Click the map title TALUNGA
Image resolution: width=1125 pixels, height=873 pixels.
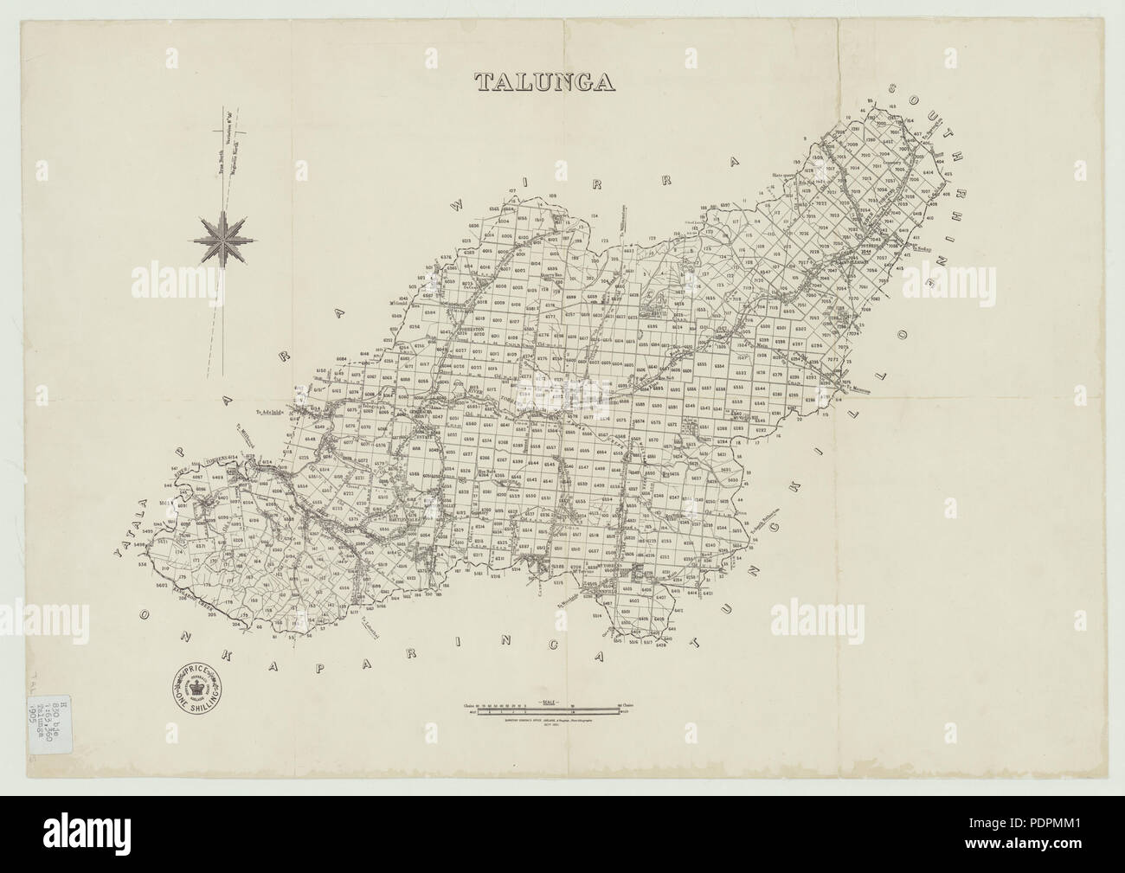click(x=544, y=81)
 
